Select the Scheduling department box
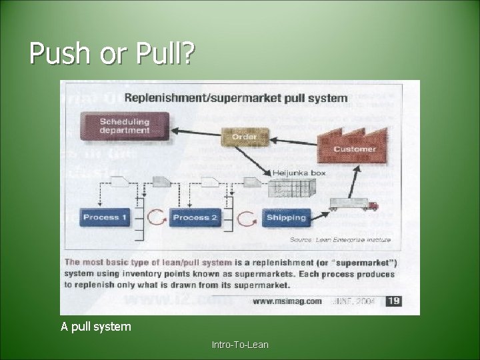click(x=125, y=126)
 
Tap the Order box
click(x=244, y=137)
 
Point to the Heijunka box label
click(x=299, y=173)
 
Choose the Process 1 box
click(x=101, y=217)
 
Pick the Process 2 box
click(x=195, y=217)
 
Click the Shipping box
click(x=285, y=217)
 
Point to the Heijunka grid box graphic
click(x=291, y=189)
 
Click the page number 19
click(x=393, y=301)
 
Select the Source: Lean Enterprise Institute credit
click(x=340, y=239)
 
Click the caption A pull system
click(x=96, y=327)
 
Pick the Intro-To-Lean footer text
click(x=239, y=345)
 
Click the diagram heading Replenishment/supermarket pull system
click(x=235, y=98)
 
